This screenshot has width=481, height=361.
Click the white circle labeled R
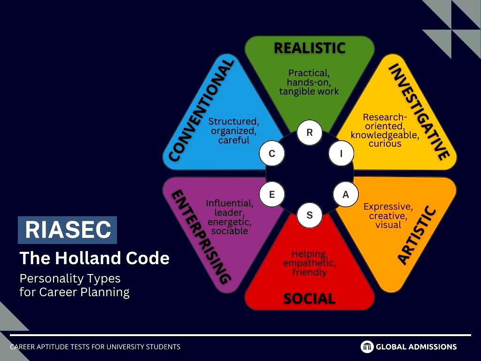pyautogui.click(x=310, y=132)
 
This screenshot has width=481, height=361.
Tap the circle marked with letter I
pyautogui.click(x=341, y=153)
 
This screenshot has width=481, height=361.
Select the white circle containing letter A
pyautogui.click(x=346, y=194)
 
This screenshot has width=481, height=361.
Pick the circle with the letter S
pyautogui.click(x=310, y=215)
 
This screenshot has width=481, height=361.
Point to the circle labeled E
pyautogui.click(x=272, y=194)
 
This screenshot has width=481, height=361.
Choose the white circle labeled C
pyautogui.click(x=272, y=153)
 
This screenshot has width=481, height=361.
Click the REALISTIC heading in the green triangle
pyautogui.click(x=310, y=48)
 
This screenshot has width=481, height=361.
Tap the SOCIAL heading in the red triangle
pyautogui.click(x=310, y=298)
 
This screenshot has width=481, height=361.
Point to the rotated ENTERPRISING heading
pyautogui.click(x=201, y=237)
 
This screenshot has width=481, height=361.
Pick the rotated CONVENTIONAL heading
pyautogui.click(x=202, y=110)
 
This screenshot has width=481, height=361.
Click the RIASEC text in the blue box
pyautogui.click(x=68, y=229)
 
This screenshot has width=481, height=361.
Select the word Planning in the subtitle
pyautogui.click(x=105, y=292)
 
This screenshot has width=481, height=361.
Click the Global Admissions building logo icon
pyautogui.click(x=367, y=346)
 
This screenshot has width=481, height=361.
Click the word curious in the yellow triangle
pyautogui.click(x=385, y=144)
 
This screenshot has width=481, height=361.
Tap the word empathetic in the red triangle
pyautogui.click(x=310, y=263)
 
